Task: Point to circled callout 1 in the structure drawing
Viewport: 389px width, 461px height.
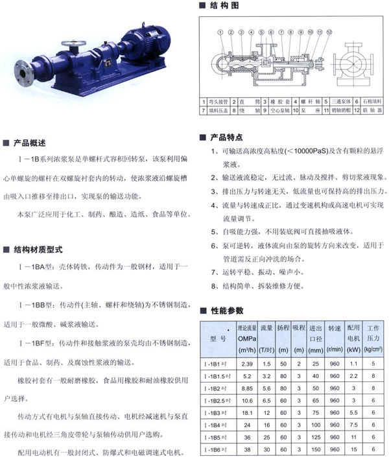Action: click(221, 32)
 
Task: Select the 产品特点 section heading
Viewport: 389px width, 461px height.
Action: click(226, 137)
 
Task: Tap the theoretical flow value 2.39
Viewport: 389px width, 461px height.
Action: click(246, 364)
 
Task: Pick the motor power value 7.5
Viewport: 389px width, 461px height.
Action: click(353, 425)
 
